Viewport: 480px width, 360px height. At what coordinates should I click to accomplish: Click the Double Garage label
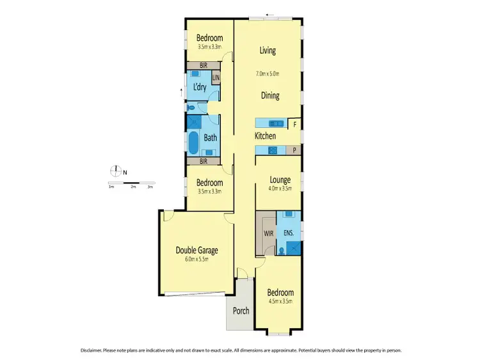[197, 250]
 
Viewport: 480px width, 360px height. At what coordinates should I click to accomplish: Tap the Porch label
[241, 311]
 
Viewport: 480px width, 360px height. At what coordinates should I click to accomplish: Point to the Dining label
[269, 95]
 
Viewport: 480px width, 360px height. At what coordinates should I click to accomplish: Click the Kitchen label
[265, 136]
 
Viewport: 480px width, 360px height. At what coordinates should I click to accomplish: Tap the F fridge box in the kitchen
[294, 123]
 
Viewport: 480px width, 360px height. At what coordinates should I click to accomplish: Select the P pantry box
[294, 150]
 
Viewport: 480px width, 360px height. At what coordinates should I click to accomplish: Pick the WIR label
[267, 233]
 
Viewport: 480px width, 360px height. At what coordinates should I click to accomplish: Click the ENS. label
[289, 233]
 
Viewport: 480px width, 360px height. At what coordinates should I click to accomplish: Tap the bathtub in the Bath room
[193, 142]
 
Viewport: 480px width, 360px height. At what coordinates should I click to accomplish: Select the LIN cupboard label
[216, 79]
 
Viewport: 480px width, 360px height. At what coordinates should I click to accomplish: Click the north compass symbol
[116, 171]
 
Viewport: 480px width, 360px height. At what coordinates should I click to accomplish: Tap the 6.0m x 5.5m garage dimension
[197, 259]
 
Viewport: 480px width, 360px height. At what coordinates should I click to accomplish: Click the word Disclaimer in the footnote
[94, 351]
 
